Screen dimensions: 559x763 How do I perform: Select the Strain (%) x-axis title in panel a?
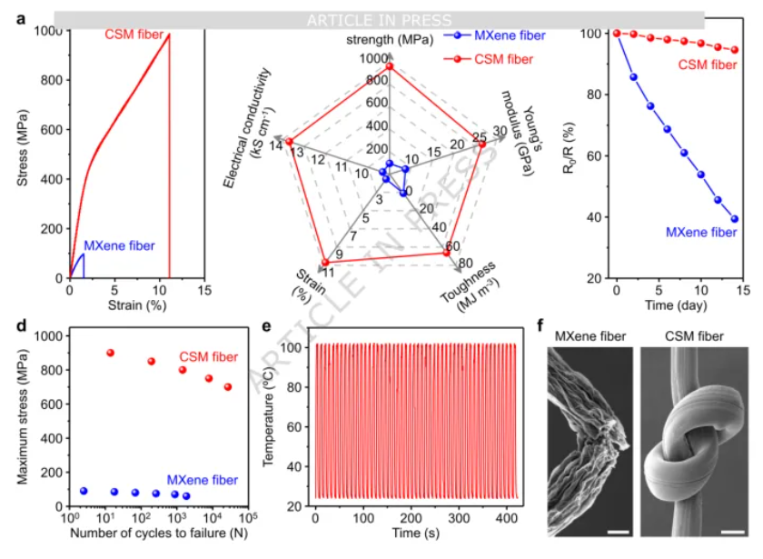136,304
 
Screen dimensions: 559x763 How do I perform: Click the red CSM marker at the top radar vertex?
390,65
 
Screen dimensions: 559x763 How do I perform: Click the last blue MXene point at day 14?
734,218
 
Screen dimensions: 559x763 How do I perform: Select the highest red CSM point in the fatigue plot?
110,353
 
